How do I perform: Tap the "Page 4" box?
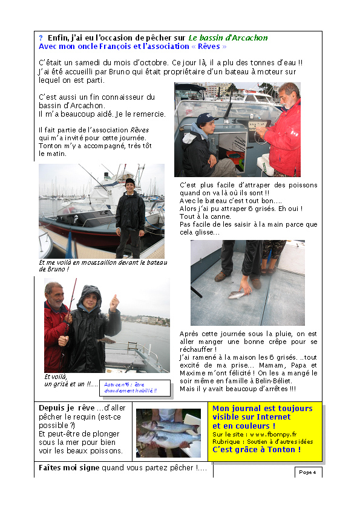coord(308,472)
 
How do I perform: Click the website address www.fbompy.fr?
coord(272,434)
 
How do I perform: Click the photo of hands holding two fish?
coord(168,433)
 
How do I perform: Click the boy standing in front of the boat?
coord(130,215)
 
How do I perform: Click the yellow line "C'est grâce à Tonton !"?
coord(256,449)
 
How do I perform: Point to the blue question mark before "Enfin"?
coord(41,38)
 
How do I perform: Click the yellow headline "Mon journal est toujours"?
coord(262,408)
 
